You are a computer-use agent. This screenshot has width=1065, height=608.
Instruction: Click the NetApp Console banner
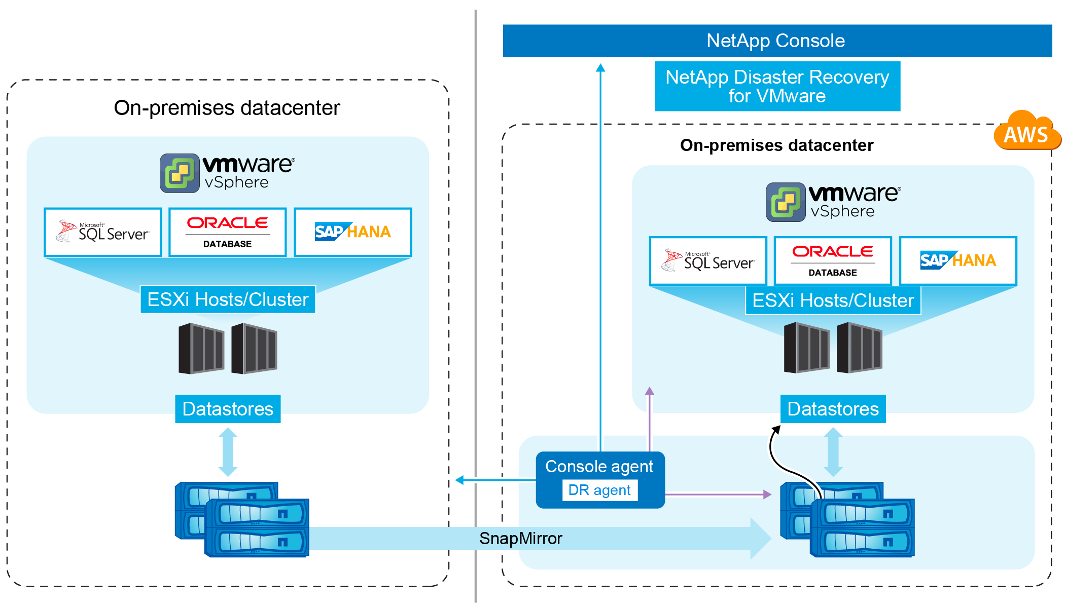coord(776,41)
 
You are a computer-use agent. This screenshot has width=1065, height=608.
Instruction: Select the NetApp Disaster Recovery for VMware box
coord(777,86)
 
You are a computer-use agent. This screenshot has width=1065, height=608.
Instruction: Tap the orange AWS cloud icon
coord(1026,133)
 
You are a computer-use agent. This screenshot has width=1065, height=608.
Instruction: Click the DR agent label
coord(599,490)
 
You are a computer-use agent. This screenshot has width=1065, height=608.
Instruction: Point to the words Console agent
coord(599,466)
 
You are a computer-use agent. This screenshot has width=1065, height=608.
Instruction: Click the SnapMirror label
coord(520,538)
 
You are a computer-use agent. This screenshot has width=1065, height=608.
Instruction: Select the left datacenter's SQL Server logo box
coord(103,232)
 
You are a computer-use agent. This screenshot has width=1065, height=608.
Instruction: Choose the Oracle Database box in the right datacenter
coord(833,260)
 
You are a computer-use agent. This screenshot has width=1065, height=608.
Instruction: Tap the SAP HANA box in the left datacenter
coord(352,232)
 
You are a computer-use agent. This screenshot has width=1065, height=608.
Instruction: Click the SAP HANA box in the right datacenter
coord(958,260)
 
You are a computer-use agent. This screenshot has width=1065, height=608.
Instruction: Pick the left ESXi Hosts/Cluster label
coord(228,299)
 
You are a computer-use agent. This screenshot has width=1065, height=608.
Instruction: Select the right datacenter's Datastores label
coord(833,409)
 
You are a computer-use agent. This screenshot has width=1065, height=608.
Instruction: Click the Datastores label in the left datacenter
coord(228,409)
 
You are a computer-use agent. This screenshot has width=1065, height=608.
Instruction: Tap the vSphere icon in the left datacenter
coord(180,173)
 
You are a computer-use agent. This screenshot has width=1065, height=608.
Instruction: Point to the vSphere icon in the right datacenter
coord(786,202)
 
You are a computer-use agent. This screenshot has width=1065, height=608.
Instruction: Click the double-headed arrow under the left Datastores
coord(228,452)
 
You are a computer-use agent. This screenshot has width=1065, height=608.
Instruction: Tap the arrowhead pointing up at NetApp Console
coord(600,68)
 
